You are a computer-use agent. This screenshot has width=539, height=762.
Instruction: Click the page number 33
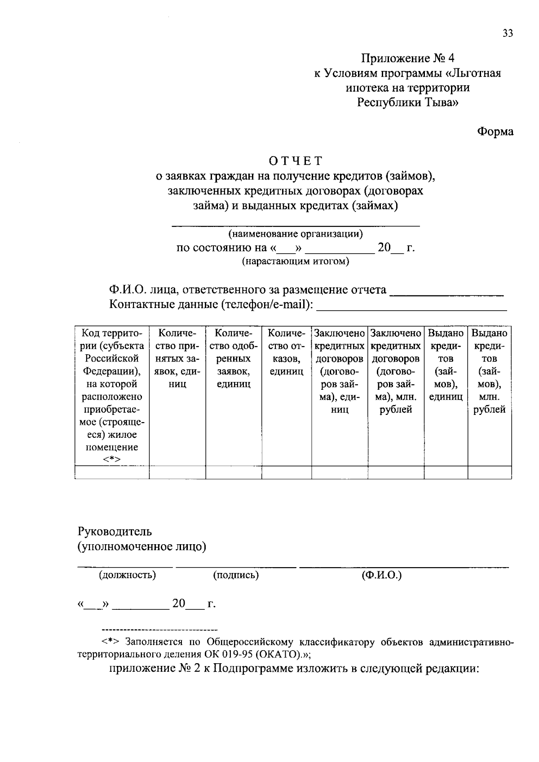[508, 34]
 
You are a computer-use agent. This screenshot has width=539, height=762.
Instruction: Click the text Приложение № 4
[408, 58]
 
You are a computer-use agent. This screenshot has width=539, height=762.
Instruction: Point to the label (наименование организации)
[296, 234]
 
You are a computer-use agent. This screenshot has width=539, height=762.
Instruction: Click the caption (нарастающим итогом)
[296, 261]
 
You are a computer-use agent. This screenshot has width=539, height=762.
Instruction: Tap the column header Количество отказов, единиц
[286, 352]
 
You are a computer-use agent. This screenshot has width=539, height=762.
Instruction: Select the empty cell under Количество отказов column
[286, 473]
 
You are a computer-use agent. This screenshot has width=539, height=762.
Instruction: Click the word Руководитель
[115, 532]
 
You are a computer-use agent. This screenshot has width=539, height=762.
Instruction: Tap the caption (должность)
[127, 575]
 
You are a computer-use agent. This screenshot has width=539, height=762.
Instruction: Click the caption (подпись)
[236, 575]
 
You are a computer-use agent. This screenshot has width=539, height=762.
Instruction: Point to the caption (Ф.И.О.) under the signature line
[381, 575]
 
